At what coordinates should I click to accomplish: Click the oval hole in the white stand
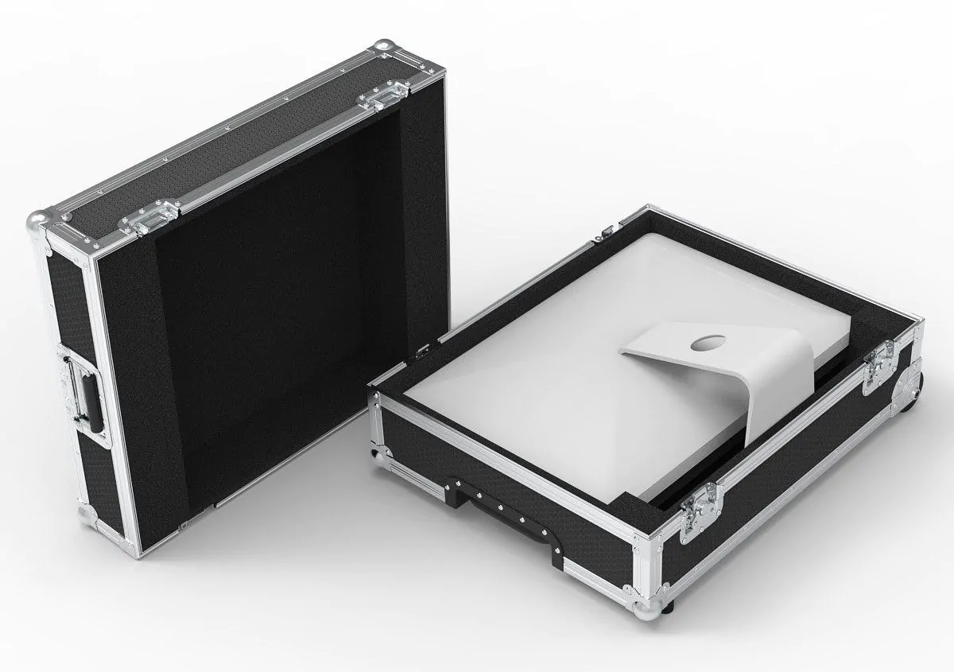[704, 344]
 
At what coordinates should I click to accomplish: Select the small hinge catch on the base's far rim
[606, 229]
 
